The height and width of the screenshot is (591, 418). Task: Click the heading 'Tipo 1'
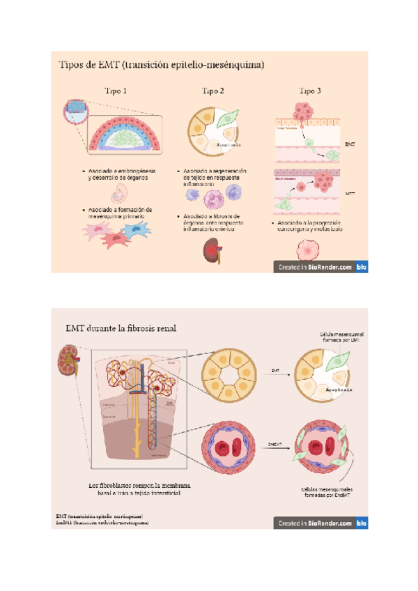click(116, 91)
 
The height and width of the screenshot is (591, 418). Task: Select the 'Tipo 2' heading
click(212, 91)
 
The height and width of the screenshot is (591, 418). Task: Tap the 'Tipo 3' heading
click(310, 91)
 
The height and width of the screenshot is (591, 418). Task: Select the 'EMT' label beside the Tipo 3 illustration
click(350, 144)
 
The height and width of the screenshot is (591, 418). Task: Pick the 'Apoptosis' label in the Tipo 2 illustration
click(229, 145)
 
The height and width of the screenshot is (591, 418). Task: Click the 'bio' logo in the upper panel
click(361, 266)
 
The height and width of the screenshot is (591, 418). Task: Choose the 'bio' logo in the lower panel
click(361, 522)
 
